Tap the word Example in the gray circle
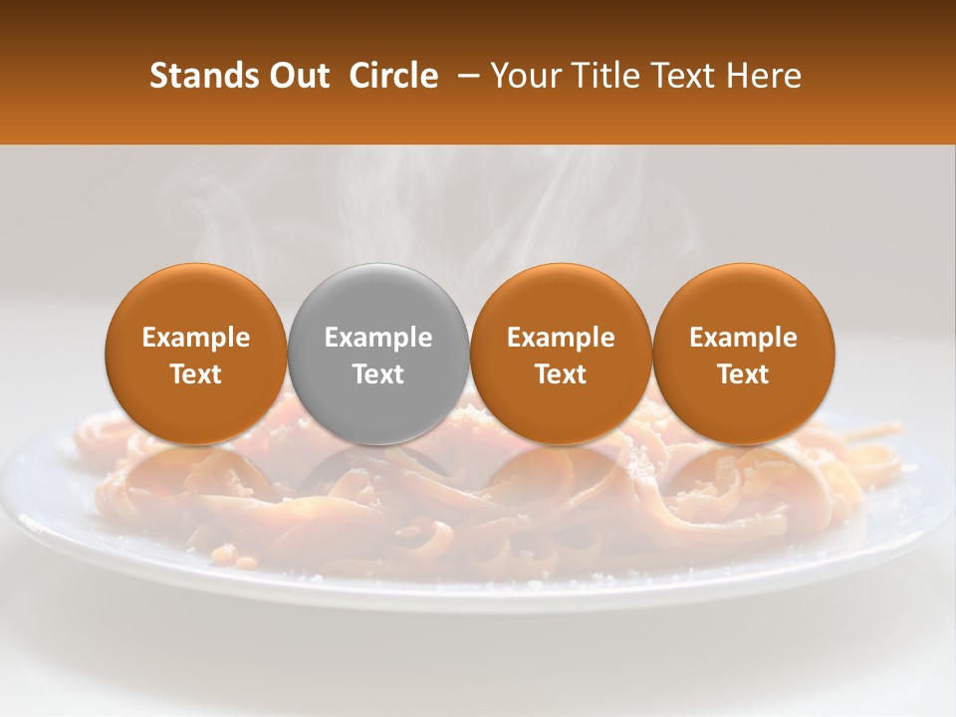click(378, 338)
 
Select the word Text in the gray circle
click(378, 374)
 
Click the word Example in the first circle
click(196, 338)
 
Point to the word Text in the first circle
click(196, 374)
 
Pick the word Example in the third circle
click(561, 338)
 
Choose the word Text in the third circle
click(561, 374)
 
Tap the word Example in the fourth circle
click(743, 338)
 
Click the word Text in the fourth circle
click(743, 374)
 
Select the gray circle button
click(378, 299)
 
